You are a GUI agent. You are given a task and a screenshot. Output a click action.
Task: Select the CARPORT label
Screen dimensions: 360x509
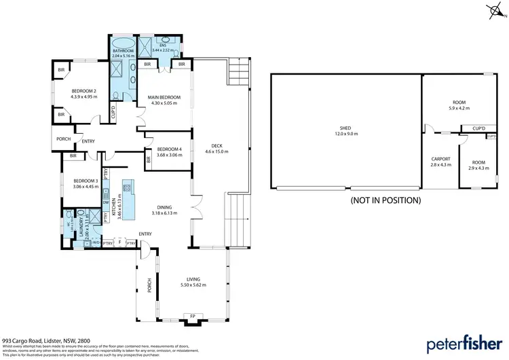pos(440,160)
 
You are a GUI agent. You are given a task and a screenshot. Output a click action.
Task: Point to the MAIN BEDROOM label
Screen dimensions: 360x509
pos(162,98)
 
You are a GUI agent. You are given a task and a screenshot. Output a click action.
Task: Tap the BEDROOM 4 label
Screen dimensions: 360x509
pos(170,149)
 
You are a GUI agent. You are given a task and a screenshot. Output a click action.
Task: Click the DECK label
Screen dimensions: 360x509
pos(217,145)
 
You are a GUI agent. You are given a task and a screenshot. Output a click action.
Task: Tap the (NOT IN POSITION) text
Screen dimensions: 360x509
pos(385,200)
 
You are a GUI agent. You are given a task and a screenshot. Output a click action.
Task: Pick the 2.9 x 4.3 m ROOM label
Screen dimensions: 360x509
pos(478,162)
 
